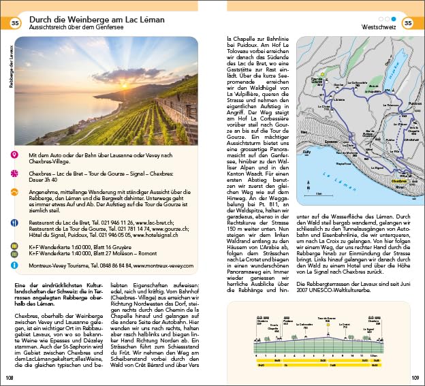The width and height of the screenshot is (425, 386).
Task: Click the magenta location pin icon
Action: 14,156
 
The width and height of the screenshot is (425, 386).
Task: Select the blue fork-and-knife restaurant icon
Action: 14,222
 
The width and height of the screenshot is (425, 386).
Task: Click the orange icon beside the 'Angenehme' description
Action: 14,191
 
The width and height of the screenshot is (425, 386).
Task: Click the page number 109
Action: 415,378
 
